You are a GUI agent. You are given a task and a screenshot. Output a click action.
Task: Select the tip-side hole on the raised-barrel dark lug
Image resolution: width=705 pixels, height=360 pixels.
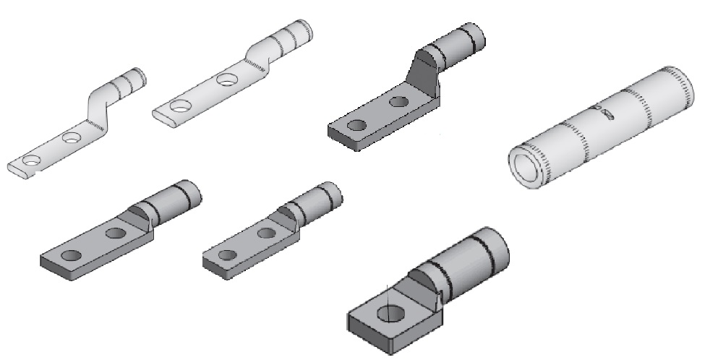355,126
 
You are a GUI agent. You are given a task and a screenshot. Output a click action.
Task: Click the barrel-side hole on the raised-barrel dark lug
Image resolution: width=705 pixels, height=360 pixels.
397,101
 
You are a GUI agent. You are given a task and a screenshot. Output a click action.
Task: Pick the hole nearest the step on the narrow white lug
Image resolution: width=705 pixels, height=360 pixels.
70,137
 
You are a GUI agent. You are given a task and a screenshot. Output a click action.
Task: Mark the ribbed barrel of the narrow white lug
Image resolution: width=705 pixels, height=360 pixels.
129,81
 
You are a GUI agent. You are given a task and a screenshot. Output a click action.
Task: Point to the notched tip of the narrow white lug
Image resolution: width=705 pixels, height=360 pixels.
16,171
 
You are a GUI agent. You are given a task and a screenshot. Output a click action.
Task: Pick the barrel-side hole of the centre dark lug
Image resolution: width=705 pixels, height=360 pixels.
267,233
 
